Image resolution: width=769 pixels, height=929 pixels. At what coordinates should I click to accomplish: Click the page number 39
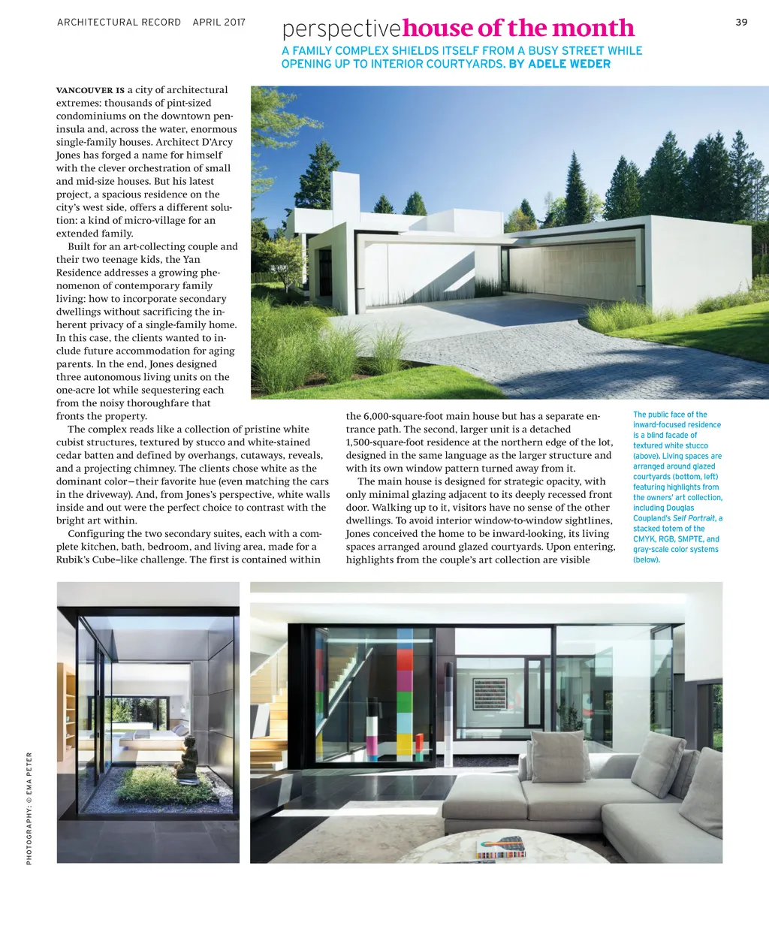(741, 22)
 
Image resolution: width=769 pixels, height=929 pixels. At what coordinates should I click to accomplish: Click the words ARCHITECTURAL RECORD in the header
(119, 23)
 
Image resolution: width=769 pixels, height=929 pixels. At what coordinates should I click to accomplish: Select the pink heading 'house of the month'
(518, 29)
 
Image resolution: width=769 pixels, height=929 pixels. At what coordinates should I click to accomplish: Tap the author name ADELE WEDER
(569, 64)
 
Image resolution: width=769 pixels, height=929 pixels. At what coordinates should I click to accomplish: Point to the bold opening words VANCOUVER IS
(90, 90)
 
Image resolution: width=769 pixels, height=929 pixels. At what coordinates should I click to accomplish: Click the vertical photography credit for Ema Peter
(29, 807)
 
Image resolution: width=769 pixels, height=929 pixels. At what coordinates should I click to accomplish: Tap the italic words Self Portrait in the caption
(694, 518)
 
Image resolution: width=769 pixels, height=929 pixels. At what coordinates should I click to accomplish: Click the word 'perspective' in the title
(342, 29)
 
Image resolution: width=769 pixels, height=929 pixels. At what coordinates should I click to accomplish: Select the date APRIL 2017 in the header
(219, 23)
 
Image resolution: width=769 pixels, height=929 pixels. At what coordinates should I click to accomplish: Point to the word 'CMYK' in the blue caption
(644, 539)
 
